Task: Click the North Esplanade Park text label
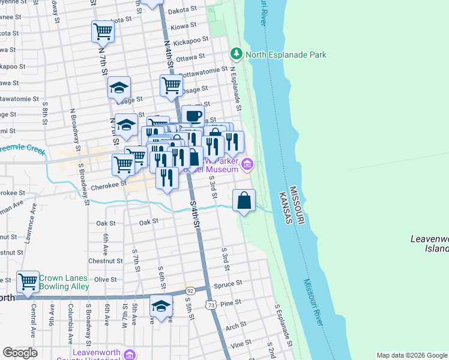286,55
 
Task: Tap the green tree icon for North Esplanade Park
237,55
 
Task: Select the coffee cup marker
193,116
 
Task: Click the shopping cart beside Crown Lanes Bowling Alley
28,280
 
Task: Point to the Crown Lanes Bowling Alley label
64,283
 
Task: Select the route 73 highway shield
211,305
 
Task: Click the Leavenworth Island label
429,243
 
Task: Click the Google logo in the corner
20,353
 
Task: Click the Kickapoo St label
190,43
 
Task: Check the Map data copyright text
411,355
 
